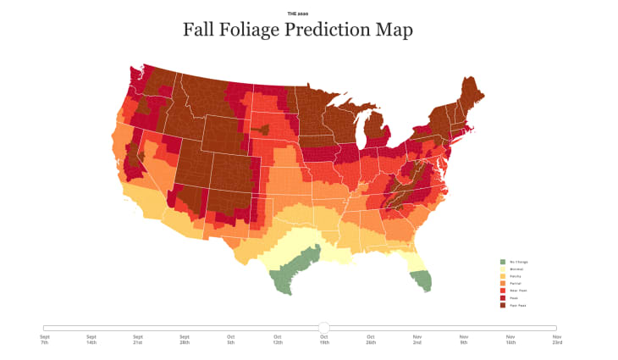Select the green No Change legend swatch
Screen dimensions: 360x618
tap(502, 262)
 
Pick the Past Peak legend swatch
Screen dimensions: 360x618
tap(502, 306)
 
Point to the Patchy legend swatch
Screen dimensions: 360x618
tap(502, 277)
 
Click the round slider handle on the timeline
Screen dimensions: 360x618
tap(323, 327)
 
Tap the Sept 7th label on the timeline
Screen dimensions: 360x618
tap(44, 339)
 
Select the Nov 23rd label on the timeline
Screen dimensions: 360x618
tap(556, 339)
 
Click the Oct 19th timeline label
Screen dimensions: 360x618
tap(323, 339)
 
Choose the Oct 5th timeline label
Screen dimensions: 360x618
tap(230, 339)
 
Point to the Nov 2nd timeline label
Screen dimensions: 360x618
tap(417, 339)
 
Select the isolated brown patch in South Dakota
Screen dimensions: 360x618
tap(262, 130)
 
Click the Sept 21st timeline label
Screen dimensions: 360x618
tap(137, 339)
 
